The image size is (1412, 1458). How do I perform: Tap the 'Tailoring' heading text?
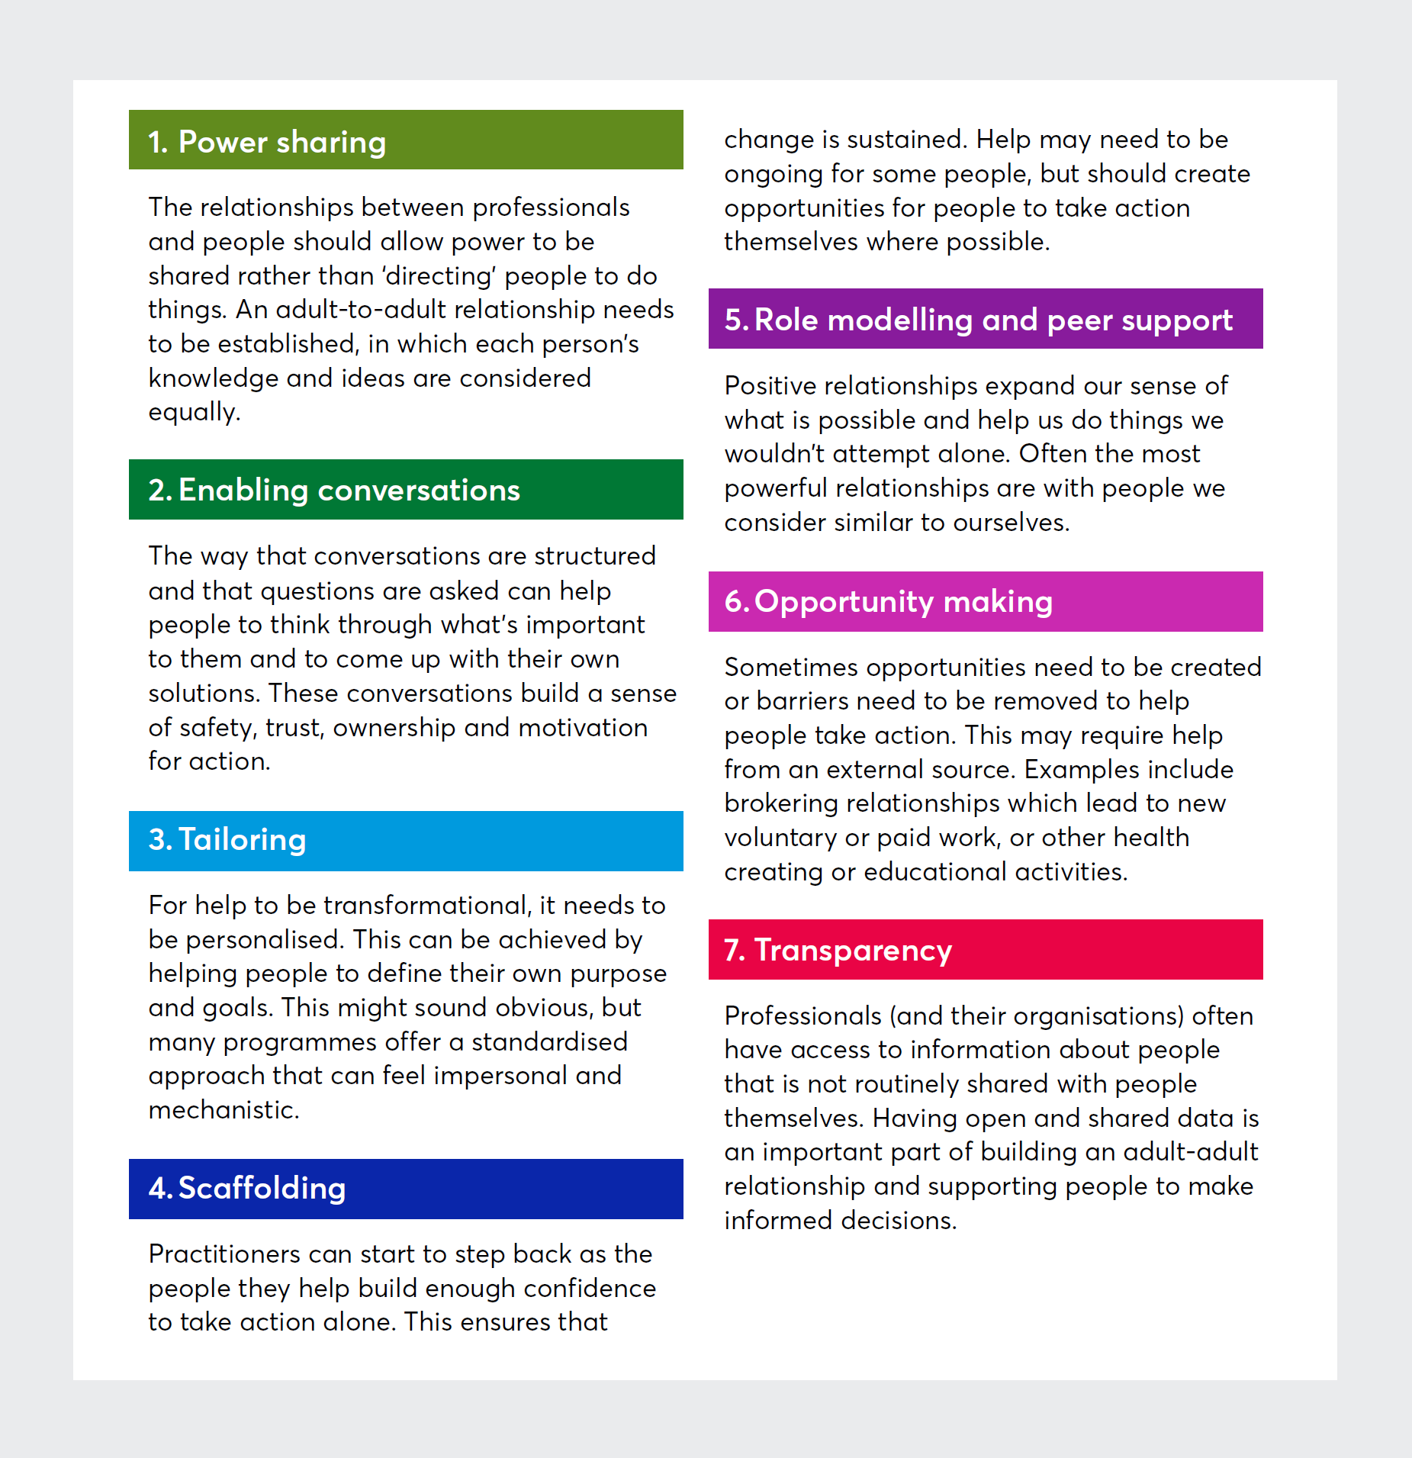pos(242,840)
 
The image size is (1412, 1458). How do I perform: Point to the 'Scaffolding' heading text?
pos(262,1189)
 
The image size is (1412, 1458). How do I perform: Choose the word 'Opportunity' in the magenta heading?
pos(844,603)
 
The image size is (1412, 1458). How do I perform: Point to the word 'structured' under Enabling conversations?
pos(595,556)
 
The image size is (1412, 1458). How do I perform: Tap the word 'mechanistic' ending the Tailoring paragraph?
pos(224,1110)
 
